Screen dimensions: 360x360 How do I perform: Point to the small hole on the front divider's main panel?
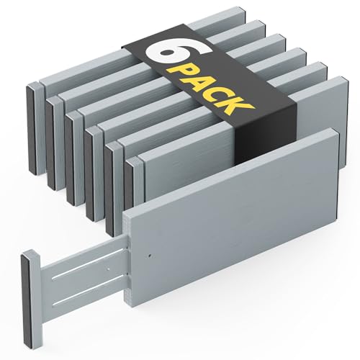(x=148, y=255)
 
